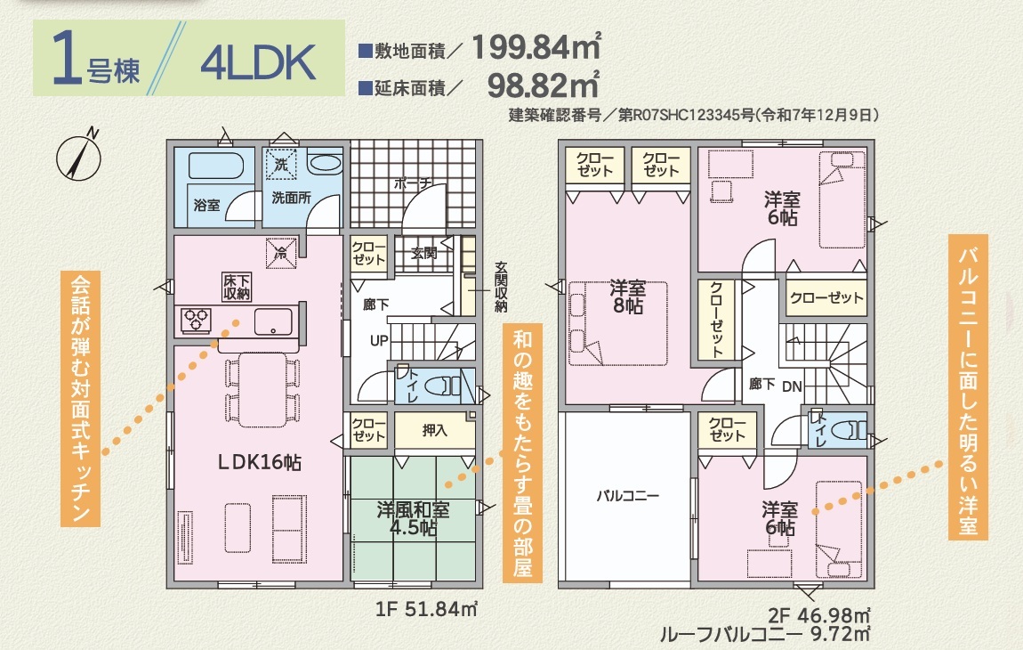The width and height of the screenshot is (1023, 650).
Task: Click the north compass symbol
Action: pos(78,157)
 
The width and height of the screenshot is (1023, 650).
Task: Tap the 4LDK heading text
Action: pos(258,62)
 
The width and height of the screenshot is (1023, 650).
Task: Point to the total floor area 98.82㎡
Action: pos(543,85)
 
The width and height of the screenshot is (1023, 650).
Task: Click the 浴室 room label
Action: pos(206,205)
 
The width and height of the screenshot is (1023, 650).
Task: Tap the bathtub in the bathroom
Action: pos(215,166)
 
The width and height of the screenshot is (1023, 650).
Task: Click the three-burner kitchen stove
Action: pos(196,320)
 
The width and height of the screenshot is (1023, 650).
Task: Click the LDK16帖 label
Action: pos(259,462)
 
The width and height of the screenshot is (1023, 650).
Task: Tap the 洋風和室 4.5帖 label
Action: pos(413,518)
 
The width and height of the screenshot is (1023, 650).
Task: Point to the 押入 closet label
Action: pos(434,430)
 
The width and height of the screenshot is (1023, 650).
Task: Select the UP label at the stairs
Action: pos(379,341)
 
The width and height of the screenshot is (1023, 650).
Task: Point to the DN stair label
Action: pos(792,386)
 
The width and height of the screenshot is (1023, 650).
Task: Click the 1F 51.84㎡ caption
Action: pos(426,609)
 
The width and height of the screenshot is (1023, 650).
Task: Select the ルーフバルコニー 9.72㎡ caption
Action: pos(764,634)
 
